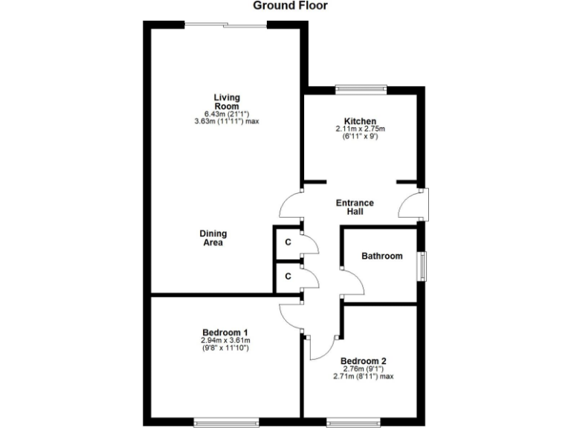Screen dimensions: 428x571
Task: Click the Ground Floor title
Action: pos(290,6)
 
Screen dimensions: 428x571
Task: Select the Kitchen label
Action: pos(360,121)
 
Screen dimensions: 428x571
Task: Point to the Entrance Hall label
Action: pos(355,207)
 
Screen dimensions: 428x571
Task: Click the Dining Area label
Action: pos(212,238)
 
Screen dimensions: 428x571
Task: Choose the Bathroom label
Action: pos(382,256)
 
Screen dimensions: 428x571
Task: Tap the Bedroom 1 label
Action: pos(225,332)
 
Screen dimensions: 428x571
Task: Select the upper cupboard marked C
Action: pos(288,242)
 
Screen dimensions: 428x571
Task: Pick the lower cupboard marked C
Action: pos(288,277)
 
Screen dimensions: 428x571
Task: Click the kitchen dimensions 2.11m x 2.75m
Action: pos(360,129)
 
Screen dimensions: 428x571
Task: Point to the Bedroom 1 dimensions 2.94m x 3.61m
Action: pos(225,340)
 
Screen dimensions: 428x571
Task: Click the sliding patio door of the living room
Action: pos(225,26)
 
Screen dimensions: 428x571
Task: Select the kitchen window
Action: pos(361,90)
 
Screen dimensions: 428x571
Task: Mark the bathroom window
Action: pos(422,266)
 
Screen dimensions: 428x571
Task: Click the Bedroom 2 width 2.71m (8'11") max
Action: pos(364,376)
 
